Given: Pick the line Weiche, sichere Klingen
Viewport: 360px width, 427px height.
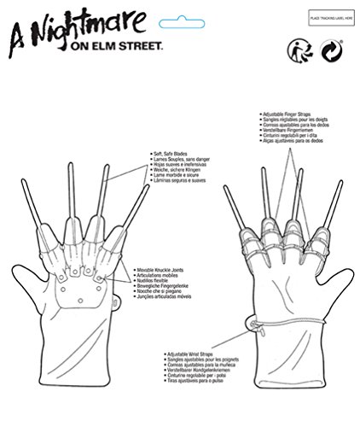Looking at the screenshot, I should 165,169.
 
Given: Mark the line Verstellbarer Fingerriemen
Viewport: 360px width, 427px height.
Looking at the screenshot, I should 287,130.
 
